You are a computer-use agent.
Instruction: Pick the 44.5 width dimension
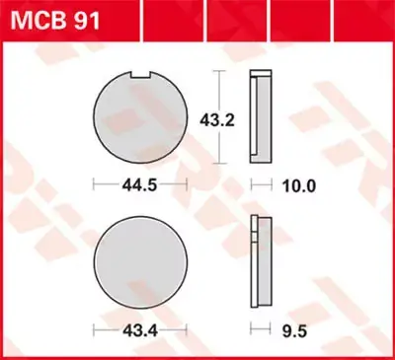click(138, 184)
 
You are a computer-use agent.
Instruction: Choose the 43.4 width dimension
click(138, 327)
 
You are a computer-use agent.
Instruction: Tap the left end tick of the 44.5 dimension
click(93, 184)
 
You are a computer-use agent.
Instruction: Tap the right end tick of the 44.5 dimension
click(185, 184)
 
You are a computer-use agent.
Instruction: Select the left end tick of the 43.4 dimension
click(95, 327)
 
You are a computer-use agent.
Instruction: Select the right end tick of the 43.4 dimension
click(184, 327)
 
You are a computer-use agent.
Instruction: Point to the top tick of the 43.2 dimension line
click(220, 73)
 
